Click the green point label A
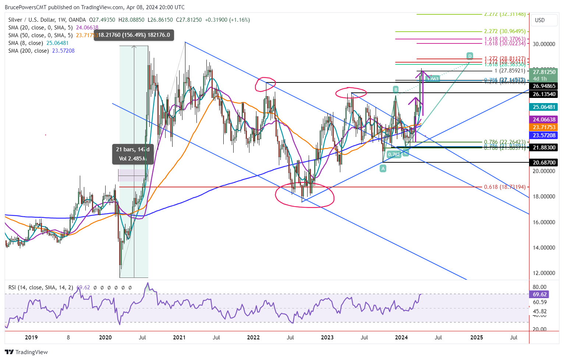click(x=383, y=168)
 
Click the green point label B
click(x=395, y=89)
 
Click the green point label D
click(x=470, y=56)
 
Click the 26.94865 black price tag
click(x=544, y=86)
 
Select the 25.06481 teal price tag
click(x=544, y=107)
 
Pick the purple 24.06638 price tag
click(x=544, y=120)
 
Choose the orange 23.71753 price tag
click(x=544, y=127)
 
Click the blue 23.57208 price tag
click(x=544, y=135)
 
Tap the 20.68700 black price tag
click(x=544, y=162)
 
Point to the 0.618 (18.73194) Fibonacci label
click(x=504, y=187)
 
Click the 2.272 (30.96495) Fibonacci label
click(x=505, y=32)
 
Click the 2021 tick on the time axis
click(x=179, y=337)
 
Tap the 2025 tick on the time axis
click(x=477, y=337)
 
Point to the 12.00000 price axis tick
click(x=544, y=273)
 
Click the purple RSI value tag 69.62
click(x=539, y=294)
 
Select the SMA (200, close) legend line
click(x=41, y=51)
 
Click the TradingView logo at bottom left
click(x=26, y=352)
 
